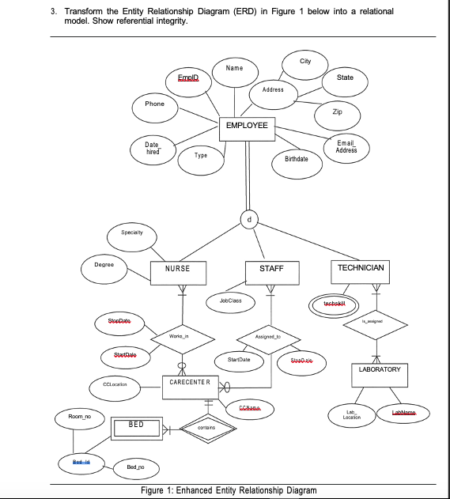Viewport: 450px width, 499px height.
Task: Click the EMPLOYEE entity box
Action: point(248,127)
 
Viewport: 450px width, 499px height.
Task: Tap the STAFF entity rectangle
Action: point(271,270)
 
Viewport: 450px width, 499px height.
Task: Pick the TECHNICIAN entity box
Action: point(361,269)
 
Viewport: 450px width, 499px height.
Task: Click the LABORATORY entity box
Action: point(380,370)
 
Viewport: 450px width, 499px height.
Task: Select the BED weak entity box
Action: point(136,425)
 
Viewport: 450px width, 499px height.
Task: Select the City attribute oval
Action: point(305,62)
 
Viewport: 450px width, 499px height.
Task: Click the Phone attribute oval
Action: point(155,104)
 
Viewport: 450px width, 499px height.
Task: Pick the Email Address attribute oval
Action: point(346,147)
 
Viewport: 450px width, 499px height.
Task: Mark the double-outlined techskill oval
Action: point(329,305)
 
